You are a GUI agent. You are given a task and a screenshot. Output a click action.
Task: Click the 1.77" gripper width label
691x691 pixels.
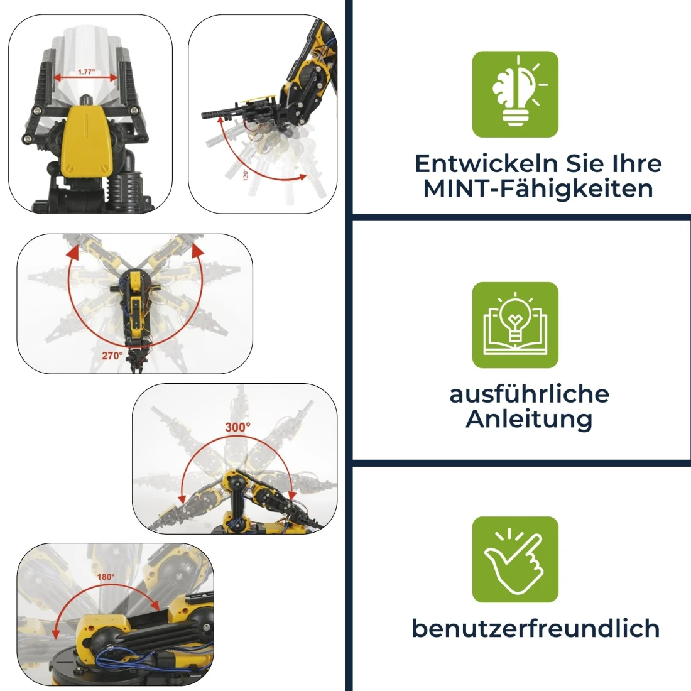tap(87, 72)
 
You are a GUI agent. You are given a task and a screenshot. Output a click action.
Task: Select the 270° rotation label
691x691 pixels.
tap(112, 356)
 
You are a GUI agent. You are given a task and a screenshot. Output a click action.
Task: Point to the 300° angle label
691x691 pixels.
tap(237, 427)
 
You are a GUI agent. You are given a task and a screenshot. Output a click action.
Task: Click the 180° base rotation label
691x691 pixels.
tap(106, 577)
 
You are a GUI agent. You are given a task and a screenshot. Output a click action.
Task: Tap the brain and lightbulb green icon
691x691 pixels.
tap(515, 94)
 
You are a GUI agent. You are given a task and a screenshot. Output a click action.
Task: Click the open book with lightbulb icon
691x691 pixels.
tap(515, 325)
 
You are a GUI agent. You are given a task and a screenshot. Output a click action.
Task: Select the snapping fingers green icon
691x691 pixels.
tap(515, 559)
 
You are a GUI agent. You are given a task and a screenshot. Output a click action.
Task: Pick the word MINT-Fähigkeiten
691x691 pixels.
tap(538, 188)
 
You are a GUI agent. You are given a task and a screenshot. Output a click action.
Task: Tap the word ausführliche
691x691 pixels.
tap(529, 394)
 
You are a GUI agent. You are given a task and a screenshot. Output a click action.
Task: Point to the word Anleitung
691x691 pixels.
tap(529, 419)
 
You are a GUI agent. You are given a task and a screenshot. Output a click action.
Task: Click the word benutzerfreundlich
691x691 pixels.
tap(536, 628)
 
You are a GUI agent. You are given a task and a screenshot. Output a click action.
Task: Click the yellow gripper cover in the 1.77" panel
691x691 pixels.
tap(86, 141)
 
